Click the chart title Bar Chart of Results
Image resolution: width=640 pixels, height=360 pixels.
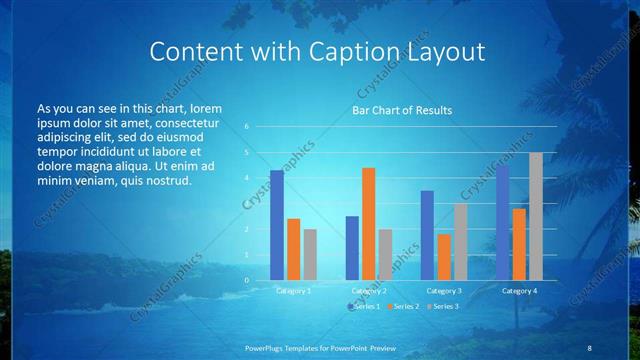[x=402, y=110]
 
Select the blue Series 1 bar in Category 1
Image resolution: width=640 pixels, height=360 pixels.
[x=277, y=225]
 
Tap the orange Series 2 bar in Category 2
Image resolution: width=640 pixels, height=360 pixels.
[x=369, y=224]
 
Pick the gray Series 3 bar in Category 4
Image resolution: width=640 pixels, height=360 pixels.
[x=536, y=216]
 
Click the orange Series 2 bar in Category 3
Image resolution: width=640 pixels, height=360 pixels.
[x=444, y=257]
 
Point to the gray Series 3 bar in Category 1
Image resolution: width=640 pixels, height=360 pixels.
[x=310, y=254]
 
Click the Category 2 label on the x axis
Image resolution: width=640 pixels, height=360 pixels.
[x=369, y=290]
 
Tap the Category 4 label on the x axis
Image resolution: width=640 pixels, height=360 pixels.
[x=519, y=290]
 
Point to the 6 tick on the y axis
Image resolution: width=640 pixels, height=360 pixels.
[x=246, y=127]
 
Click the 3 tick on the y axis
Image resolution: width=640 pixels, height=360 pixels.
[x=246, y=204]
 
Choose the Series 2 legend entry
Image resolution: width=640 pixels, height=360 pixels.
[x=403, y=306]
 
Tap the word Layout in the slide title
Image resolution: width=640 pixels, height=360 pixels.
[x=448, y=52]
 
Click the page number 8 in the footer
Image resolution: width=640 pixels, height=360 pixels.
[x=589, y=347]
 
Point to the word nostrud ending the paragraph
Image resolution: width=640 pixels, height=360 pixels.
[x=166, y=180]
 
